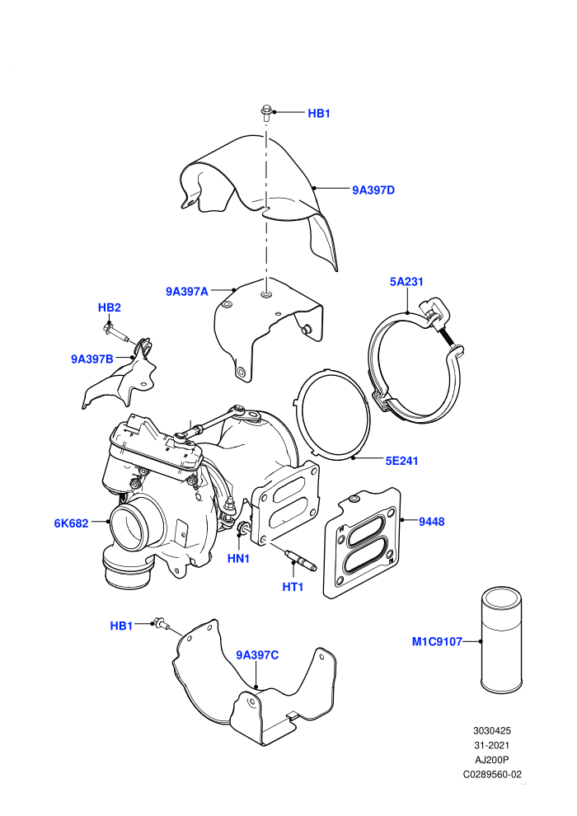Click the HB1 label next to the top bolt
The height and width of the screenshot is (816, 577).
(319, 114)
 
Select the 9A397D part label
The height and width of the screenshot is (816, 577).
(373, 190)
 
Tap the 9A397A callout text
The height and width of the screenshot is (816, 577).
(187, 292)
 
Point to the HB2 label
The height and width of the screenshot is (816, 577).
(110, 307)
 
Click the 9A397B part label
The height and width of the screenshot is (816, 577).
(92, 359)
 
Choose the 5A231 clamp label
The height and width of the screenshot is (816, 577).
(406, 282)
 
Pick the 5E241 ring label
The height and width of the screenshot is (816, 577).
(401, 461)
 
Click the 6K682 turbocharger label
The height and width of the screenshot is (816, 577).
(71, 523)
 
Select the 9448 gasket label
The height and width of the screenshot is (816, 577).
(432, 522)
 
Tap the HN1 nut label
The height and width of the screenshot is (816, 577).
(239, 558)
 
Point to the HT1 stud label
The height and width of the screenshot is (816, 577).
(293, 587)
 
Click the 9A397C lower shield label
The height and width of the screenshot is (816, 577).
(257, 655)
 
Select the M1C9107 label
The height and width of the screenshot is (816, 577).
(437, 641)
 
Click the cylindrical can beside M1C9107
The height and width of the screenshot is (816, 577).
(500, 640)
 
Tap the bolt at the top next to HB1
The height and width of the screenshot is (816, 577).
(266, 114)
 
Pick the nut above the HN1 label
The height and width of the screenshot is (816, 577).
(242, 528)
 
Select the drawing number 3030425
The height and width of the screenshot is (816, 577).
(492, 730)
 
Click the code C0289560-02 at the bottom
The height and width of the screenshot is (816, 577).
(492, 774)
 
